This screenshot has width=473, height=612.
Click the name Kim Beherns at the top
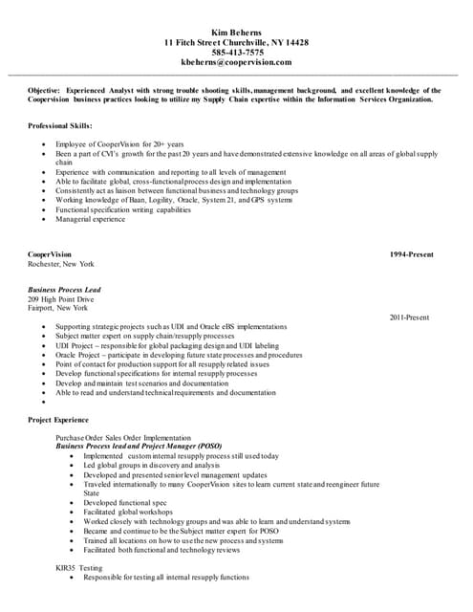click(236, 33)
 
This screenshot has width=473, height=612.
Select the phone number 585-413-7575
click(236, 52)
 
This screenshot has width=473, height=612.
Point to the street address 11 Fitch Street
click(195, 42)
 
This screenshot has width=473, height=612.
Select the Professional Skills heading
click(60, 126)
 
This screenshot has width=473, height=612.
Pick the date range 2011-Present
click(409, 317)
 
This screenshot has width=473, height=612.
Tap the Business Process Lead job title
click(65, 290)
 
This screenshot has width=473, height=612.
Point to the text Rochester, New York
click(61, 264)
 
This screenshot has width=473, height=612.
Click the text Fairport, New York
click(57, 309)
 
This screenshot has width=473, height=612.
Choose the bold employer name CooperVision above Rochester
click(49, 254)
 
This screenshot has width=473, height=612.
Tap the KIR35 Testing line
click(79, 568)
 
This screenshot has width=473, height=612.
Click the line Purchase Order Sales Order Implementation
click(123, 437)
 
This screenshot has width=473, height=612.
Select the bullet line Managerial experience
click(90, 219)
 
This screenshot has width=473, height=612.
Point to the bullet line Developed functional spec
click(125, 502)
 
